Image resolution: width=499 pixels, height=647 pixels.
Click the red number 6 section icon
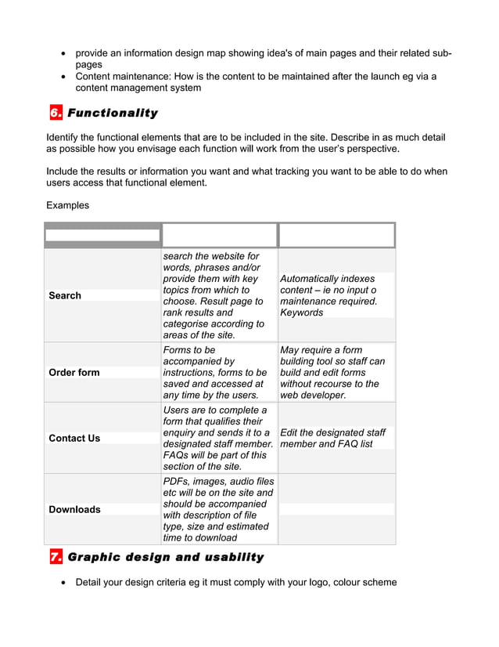[x=56, y=113]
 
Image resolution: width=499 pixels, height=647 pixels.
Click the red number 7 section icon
[x=56, y=557]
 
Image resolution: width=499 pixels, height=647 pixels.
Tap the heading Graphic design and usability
[x=166, y=557]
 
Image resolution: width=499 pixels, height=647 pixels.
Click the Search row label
[x=65, y=295]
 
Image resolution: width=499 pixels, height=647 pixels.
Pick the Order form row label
[x=74, y=372]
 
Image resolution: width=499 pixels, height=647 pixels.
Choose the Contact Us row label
[x=74, y=438]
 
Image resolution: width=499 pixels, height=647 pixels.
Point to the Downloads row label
[x=74, y=509]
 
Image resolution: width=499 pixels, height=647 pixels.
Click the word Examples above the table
[x=67, y=205]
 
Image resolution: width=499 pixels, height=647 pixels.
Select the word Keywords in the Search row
[x=301, y=313]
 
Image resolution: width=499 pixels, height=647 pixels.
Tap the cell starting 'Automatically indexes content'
[x=328, y=295]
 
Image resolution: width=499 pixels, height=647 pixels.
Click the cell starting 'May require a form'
[x=332, y=372]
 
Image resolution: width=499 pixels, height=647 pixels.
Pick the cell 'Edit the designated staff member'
[x=332, y=438]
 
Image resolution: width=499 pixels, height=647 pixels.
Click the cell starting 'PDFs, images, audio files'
[x=218, y=509]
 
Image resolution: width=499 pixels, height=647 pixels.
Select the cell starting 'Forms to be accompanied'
[x=215, y=372]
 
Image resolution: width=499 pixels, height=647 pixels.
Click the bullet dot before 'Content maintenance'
[x=63, y=77]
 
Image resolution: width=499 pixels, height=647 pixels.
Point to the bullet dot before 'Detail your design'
[x=63, y=583]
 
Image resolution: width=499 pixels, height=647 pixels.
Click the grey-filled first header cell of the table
[x=102, y=234]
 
